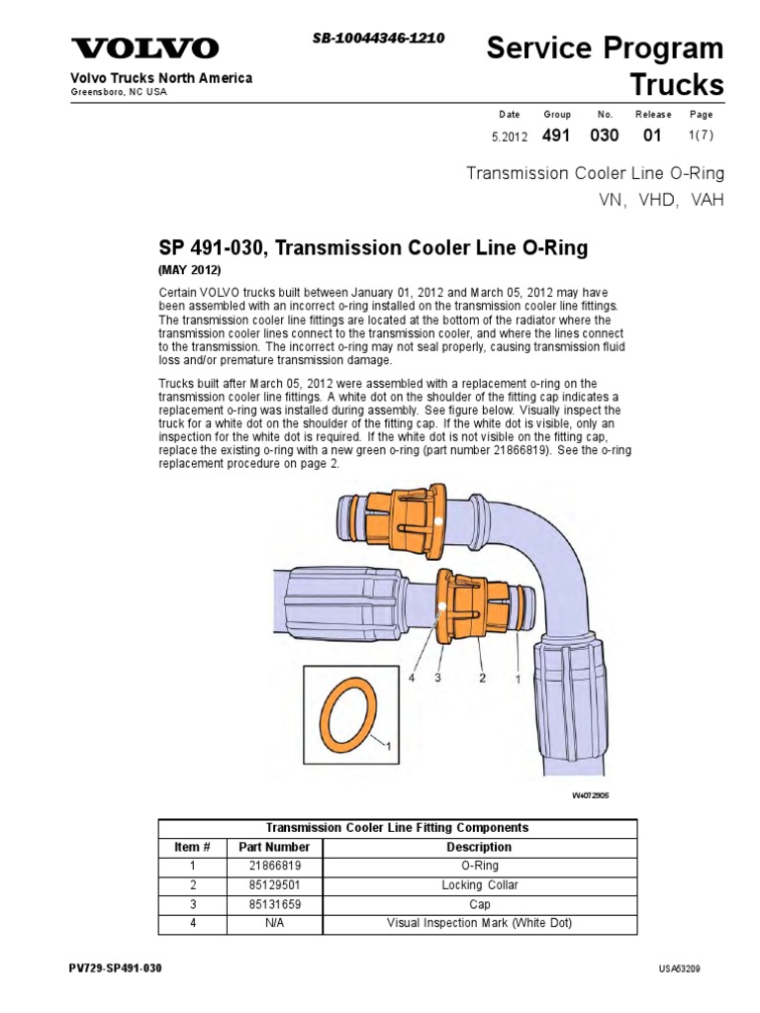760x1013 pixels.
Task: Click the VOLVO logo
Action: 144,49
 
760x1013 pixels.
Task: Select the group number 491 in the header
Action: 557,137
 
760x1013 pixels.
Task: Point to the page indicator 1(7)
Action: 700,138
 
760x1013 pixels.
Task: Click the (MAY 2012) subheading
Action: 189,270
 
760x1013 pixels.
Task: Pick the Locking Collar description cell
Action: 479,884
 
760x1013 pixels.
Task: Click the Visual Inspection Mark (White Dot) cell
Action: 479,923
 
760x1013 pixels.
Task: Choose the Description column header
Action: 479,847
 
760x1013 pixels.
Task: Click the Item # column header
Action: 192,847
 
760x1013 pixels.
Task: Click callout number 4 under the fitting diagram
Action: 412,679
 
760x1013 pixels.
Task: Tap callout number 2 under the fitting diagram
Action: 482,679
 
